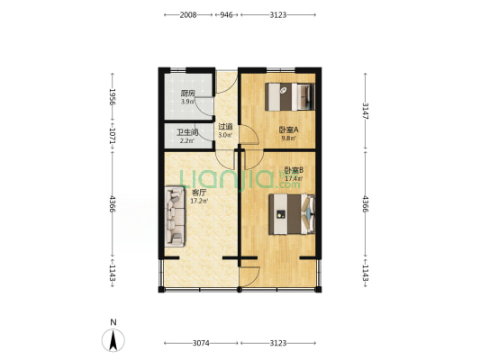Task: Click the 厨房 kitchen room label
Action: [188, 94]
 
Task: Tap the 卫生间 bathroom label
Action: [187, 132]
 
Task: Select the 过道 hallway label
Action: [225, 126]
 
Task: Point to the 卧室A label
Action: [289, 130]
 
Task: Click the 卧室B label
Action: [294, 170]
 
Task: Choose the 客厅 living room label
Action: [199, 193]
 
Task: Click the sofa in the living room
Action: [175, 217]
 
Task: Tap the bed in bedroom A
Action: [290, 96]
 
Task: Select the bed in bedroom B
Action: [292, 214]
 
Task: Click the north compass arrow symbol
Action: [113, 340]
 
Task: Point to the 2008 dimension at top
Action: [188, 15]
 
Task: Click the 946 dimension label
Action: [227, 15]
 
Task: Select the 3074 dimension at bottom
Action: [201, 343]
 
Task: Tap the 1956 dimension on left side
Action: [113, 97]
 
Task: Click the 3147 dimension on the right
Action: [366, 111]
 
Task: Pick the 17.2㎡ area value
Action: [199, 201]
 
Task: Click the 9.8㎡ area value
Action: [289, 138]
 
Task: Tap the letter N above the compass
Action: [113, 322]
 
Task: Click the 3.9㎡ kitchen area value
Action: [187, 102]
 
